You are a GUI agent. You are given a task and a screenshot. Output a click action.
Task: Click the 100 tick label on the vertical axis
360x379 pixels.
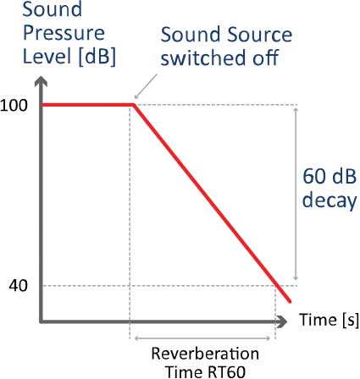click(14, 106)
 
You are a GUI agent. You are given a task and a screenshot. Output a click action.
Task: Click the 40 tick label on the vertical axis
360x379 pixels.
click(19, 286)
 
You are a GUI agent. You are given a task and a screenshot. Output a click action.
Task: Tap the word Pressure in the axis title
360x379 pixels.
click(64, 33)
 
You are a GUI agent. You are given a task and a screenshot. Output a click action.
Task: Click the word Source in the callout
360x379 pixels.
click(259, 35)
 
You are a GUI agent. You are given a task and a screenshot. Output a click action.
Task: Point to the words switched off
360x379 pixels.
click(219, 58)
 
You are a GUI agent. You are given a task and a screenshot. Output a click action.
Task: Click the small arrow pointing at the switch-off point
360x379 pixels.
click(146, 86)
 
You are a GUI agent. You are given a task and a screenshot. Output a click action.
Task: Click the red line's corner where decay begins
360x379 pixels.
click(134, 105)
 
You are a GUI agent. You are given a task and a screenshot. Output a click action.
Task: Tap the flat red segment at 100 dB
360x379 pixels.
click(88, 105)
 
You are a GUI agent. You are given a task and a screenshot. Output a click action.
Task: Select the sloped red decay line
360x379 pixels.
click(212, 203)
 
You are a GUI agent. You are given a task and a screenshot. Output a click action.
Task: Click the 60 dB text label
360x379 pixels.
click(330, 177)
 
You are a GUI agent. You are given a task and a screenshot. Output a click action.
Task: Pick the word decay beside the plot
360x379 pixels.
click(330, 200)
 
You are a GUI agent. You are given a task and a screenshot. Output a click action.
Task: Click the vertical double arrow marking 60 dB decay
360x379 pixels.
click(296, 194)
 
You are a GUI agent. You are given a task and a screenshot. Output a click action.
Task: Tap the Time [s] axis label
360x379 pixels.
click(330, 320)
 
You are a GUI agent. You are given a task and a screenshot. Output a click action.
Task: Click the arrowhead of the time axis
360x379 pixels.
click(281, 321)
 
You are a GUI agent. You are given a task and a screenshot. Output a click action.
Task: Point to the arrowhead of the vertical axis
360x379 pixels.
click(42, 81)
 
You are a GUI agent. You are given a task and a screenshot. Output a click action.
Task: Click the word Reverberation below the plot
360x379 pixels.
click(205, 354)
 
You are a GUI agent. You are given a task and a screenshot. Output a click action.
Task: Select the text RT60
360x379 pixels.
click(225, 372)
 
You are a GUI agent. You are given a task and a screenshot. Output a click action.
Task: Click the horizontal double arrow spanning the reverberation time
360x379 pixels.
click(202, 338)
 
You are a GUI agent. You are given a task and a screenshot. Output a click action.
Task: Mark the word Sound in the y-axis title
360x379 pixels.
click(53, 9)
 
